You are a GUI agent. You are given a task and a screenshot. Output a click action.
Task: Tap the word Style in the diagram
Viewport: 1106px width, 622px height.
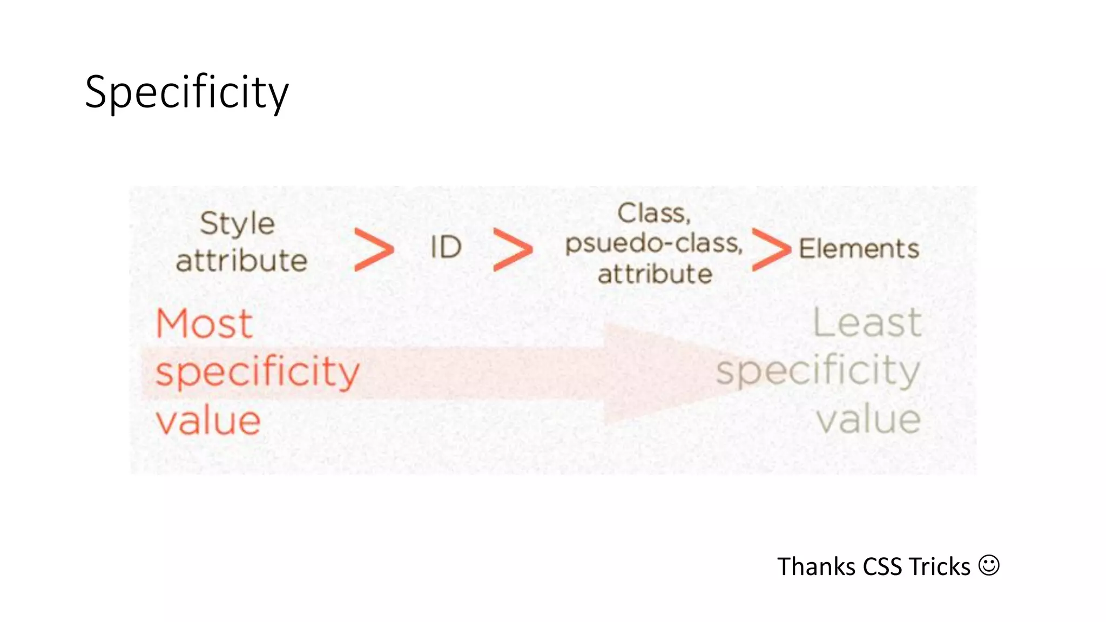(237, 224)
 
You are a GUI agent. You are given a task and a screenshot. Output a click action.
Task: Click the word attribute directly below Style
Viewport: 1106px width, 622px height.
(241, 261)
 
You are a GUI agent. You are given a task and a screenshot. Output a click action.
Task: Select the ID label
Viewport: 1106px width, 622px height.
(446, 248)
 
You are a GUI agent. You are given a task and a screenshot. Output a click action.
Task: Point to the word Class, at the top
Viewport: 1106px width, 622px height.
(654, 213)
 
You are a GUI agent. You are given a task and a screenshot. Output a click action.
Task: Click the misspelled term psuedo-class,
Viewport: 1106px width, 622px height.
(654, 244)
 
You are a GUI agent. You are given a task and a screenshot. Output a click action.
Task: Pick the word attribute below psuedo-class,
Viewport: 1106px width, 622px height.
(655, 274)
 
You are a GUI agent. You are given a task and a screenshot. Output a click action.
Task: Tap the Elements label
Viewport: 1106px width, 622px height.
(859, 249)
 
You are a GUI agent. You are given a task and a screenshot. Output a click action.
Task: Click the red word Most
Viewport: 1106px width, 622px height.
(204, 323)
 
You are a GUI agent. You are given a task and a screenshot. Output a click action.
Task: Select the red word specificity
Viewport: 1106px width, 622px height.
(257, 372)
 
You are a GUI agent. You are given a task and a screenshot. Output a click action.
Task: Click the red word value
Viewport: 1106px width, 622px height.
(208, 421)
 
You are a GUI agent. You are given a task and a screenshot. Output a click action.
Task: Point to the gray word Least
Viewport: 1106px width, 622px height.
(867, 323)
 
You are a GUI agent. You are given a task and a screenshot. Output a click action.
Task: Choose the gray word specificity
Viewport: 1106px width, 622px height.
(818, 371)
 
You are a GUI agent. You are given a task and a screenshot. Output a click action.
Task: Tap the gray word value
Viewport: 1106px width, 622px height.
(868, 420)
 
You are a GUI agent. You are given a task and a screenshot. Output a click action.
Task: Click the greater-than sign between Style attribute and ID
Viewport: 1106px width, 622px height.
(374, 249)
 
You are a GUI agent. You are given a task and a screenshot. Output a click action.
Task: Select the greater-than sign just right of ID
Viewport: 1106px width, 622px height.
(512, 249)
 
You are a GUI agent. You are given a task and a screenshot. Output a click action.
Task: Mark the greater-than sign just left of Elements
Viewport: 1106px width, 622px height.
(771, 249)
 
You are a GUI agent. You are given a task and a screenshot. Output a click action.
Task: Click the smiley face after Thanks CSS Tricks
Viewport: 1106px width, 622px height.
(989, 565)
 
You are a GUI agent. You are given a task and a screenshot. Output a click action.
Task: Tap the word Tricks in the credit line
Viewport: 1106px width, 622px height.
(940, 567)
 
